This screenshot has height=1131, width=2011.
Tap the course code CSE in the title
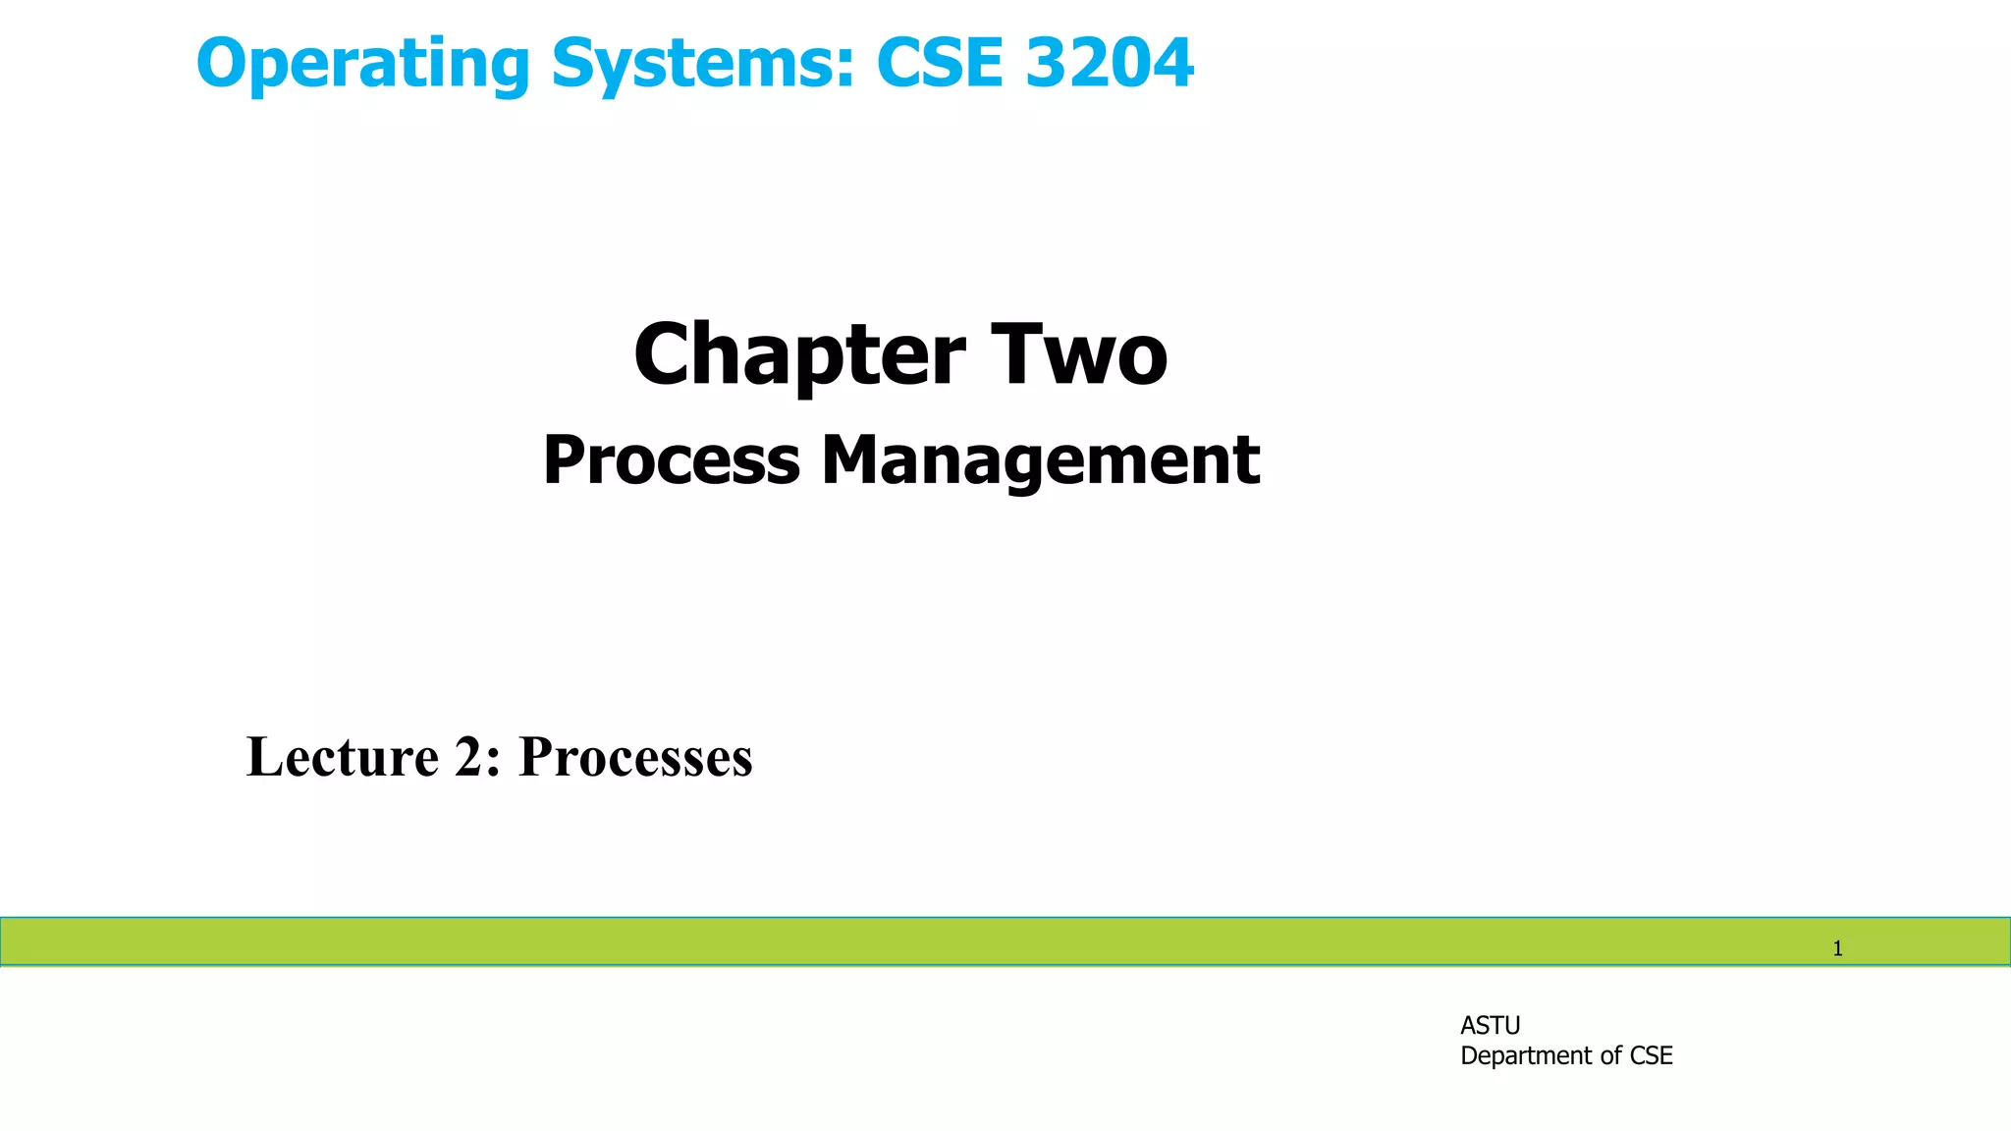(x=939, y=63)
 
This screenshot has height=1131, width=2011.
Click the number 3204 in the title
(x=1110, y=63)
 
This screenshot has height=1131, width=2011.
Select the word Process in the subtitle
(x=672, y=460)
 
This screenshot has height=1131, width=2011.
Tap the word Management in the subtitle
(x=1041, y=460)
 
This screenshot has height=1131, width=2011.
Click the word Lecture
(x=342, y=757)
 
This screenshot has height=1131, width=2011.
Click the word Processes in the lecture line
(x=635, y=757)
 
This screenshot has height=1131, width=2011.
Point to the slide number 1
(x=1837, y=948)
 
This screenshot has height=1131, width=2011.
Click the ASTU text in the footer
(x=1490, y=1025)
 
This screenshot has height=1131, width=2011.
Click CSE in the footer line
(x=1652, y=1055)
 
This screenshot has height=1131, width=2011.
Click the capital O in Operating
(x=221, y=64)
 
